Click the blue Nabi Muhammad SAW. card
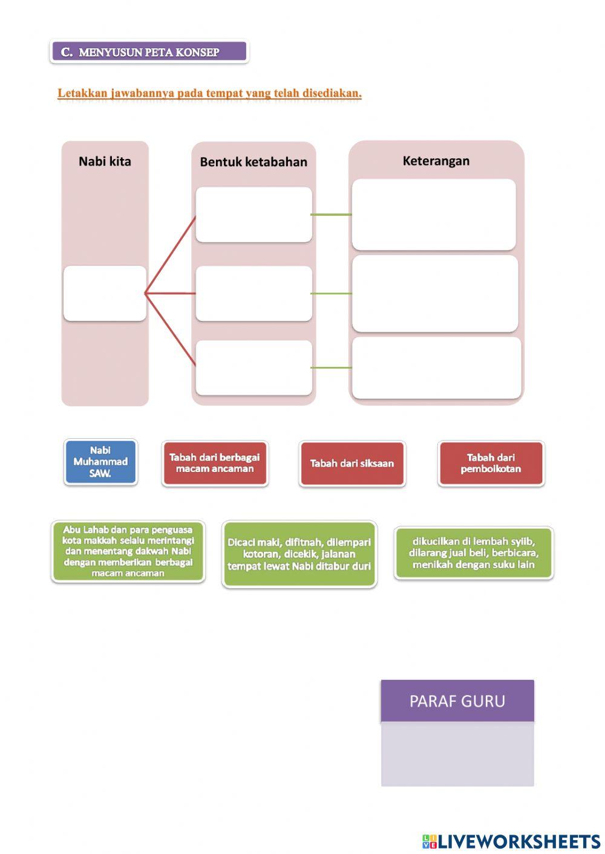pos(100,462)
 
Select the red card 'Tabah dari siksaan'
pos(352,463)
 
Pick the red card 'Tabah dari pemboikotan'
pos(491,463)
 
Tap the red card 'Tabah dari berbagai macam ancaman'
pos(215,463)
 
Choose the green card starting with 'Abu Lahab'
pos(128,551)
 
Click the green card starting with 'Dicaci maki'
pos(299,554)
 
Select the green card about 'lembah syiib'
pos(474,553)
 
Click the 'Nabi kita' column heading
pos(105,161)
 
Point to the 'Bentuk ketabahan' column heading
pos(253,162)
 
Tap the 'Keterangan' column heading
pos(436,161)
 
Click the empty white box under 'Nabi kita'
pos(105,293)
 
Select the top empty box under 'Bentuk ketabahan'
pos(254,215)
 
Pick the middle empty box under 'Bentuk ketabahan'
pos(254,293)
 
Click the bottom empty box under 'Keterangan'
pos(436,368)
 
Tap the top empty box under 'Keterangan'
pos(434,215)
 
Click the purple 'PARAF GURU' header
pos(457,700)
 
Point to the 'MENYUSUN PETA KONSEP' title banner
pos(149,51)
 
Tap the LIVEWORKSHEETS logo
pos(511,841)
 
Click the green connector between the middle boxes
pos(331,294)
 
